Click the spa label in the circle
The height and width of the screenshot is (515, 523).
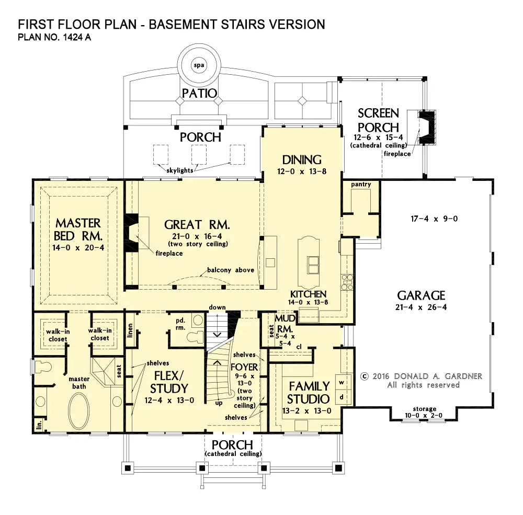[x=199, y=65]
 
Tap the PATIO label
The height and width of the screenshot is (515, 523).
[x=199, y=94]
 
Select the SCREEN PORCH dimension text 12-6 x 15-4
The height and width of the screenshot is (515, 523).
[x=378, y=138]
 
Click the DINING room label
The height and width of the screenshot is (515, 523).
[x=302, y=160]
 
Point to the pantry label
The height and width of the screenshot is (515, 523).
[x=361, y=185]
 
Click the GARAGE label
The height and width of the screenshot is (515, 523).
[x=421, y=295]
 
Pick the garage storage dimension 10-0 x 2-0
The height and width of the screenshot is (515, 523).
[x=424, y=415]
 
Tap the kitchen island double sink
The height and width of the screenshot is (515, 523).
[x=313, y=265]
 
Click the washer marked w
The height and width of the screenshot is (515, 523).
[x=342, y=383]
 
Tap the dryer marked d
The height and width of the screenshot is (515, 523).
[x=342, y=397]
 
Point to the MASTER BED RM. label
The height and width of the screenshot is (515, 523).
[x=78, y=230]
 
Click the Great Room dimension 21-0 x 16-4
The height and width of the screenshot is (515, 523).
[x=197, y=236]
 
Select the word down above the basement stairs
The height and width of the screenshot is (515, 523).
[x=217, y=307]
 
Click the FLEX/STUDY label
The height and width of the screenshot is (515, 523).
[x=169, y=382]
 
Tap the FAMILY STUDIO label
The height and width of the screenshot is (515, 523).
[x=309, y=393]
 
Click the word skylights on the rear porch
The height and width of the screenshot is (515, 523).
[x=180, y=170]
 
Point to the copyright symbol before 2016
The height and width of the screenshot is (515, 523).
[x=364, y=376]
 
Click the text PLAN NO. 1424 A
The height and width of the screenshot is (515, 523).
[x=54, y=37]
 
